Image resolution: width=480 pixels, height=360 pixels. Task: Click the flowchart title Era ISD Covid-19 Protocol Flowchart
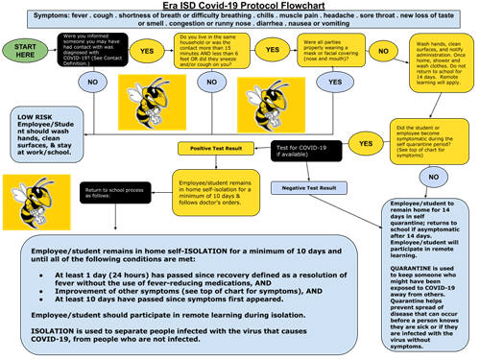(239, 7)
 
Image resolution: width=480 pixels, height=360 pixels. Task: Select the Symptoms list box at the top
(240, 20)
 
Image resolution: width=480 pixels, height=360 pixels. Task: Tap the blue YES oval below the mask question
(333, 83)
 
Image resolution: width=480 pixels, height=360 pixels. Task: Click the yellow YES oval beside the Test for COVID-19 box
(365, 144)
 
